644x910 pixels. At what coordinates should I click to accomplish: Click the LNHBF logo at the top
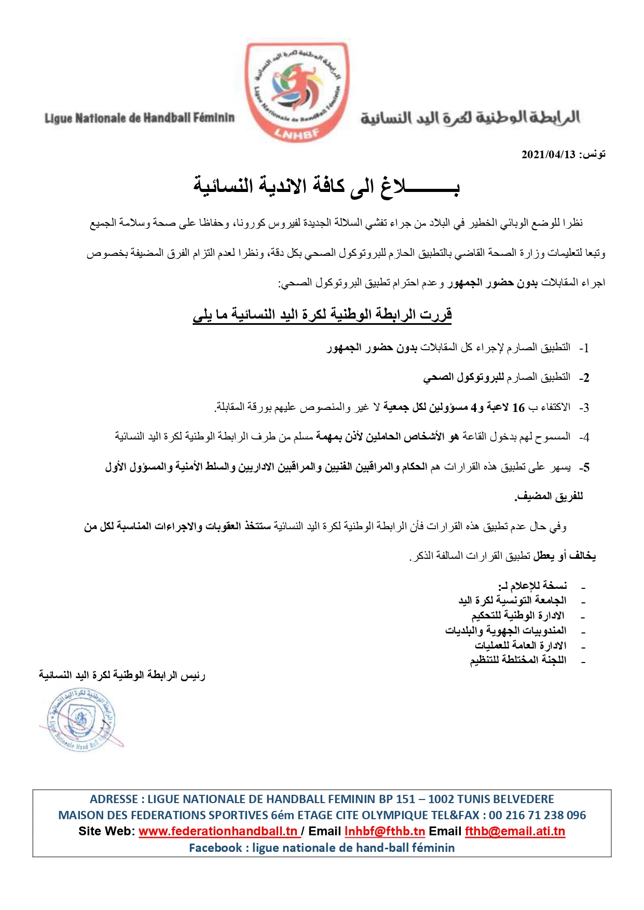297,92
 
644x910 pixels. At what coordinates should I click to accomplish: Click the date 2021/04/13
548,154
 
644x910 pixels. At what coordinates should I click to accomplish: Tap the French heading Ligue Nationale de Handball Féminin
139,118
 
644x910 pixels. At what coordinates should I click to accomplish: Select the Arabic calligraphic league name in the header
470,118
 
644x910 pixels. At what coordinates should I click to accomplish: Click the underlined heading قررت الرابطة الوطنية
322,314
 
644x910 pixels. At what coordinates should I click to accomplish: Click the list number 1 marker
584,348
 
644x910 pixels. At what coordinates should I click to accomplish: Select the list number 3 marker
584,408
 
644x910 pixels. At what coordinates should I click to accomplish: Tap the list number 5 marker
584,467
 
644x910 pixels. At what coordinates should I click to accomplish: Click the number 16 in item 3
518,408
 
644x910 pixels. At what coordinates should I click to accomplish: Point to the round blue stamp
81,719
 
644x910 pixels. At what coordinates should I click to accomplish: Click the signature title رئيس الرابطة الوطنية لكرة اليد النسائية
122,675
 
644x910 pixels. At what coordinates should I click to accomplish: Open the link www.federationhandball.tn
218,831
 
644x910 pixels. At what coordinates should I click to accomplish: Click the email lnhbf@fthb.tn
385,831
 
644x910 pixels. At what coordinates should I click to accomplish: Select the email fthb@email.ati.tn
515,831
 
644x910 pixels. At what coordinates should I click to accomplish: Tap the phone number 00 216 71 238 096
537,815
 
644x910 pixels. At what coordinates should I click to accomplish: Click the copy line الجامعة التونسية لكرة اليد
512,600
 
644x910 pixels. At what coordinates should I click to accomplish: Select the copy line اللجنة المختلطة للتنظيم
518,660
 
